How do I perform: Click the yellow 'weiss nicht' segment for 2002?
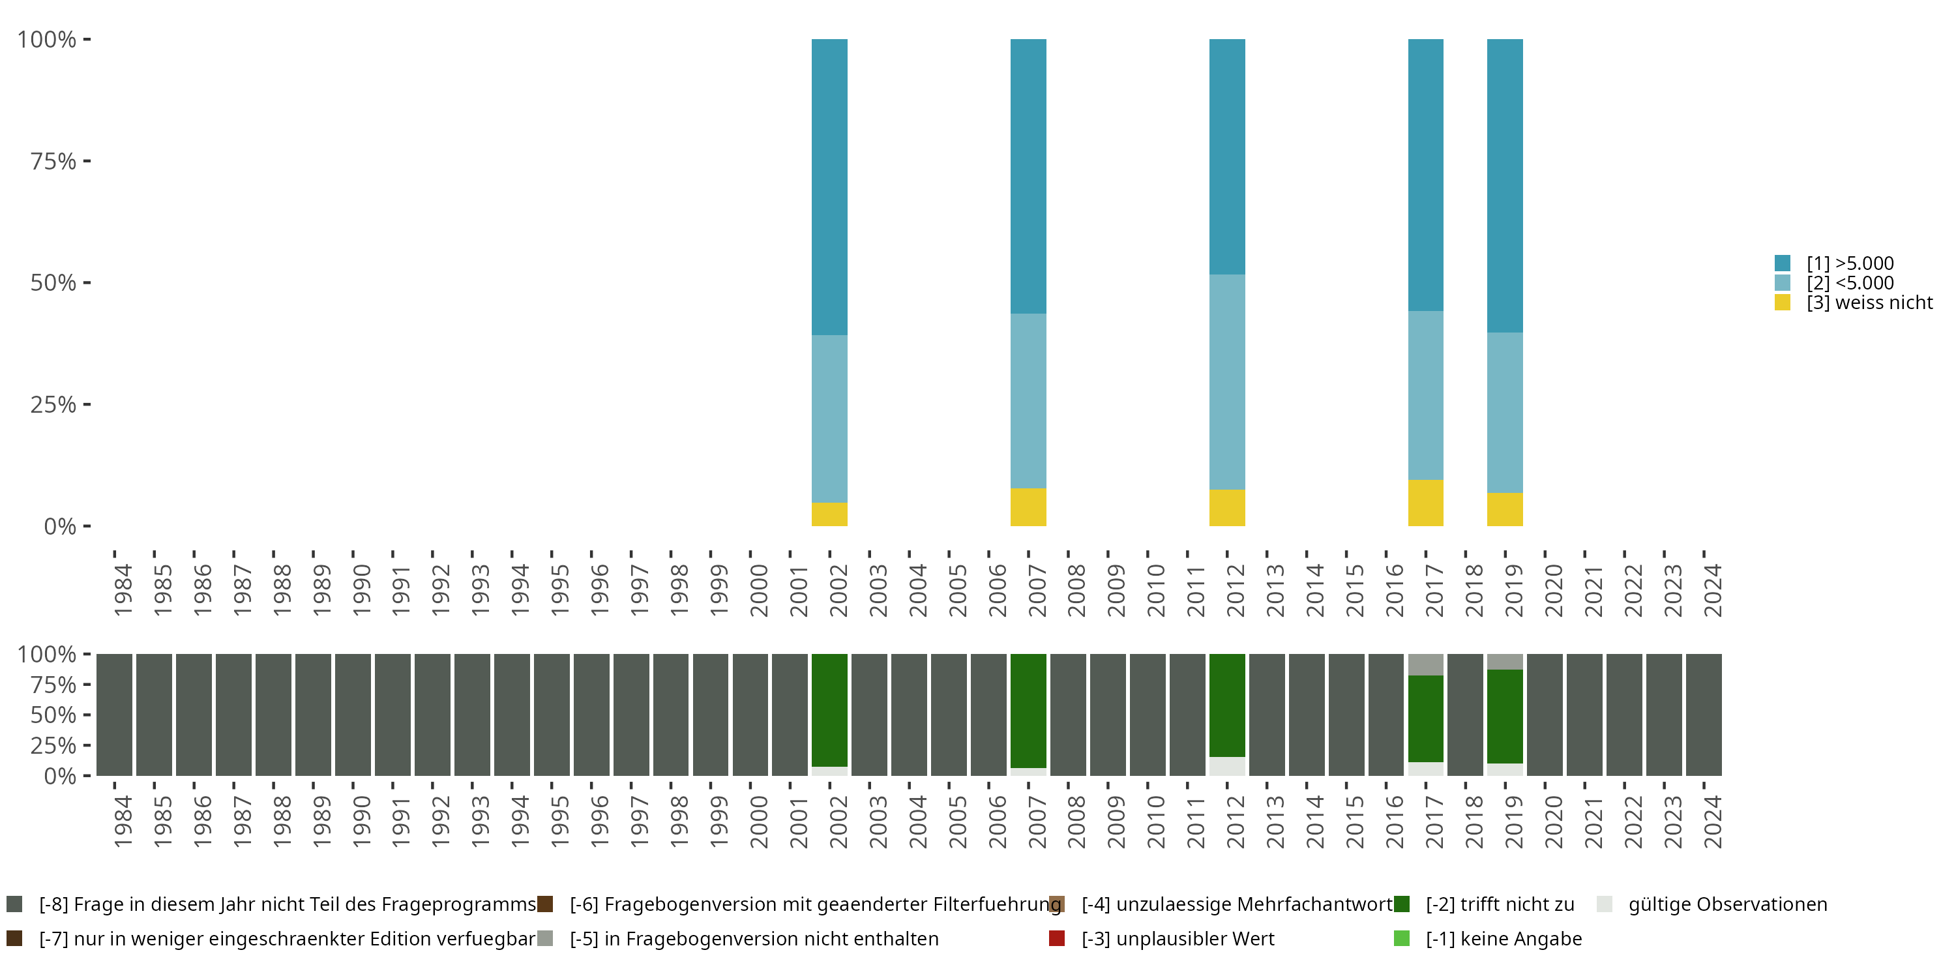click(829, 514)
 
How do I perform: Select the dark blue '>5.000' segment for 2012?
click(1227, 156)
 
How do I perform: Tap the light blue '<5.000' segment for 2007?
click(1028, 401)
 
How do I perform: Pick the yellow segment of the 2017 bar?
click(1425, 503)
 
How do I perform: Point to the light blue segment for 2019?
click(1504, 412)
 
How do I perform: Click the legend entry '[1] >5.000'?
click(1850, 263)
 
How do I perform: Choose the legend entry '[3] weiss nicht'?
click(1869, 303)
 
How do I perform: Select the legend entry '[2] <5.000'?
click(1850, 283)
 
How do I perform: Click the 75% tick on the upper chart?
click(53, 161)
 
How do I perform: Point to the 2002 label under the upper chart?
click(838, 590)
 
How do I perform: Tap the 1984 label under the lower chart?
click(123, 822)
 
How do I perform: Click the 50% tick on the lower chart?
click(53, 715)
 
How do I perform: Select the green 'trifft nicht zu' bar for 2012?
click(1227, 705)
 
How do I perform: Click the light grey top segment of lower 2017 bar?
click(1425, 664)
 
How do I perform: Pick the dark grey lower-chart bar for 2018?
click(1465, 715)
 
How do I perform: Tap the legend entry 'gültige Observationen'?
click(1726, 904)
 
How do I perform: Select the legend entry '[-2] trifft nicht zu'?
click(1499, 904)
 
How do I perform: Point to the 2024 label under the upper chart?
click(1712, 590)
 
